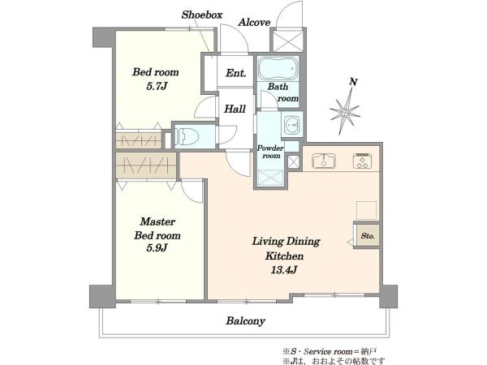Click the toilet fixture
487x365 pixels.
point(187,136)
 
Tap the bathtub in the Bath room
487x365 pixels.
point(278,69)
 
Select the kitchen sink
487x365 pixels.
point(324,161)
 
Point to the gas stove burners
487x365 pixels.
point(363,161)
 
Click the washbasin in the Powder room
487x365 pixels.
point(291,124)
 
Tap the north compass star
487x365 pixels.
point(345,112)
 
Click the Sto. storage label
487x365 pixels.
point(368,236)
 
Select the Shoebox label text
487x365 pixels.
point(202,15)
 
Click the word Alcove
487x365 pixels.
point(254,23)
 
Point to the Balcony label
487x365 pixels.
point(245,321)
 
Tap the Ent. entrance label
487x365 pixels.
point(235,73)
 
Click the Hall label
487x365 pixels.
point(235,109)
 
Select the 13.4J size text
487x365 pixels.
point(284,270)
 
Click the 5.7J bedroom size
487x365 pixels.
point(157,86)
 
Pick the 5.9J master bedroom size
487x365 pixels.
point(157,248)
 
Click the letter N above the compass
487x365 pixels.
point(353,82)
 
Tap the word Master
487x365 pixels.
point(157,221)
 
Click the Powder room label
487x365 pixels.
point(270,152)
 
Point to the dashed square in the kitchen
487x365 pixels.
point(366,210)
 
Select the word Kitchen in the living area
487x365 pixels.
point(284,256)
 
